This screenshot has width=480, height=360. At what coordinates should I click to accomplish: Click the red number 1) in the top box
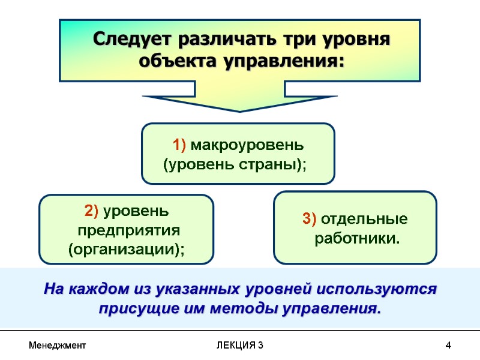tap(181, 145)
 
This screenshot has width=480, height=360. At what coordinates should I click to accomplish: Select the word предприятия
tap(127, 230)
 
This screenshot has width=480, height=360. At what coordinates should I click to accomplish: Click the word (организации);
tap(126, 249)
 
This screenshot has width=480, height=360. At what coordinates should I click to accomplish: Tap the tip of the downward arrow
tap(239, 110)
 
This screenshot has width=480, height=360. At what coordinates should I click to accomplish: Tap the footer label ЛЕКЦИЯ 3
tap(239, 346)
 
